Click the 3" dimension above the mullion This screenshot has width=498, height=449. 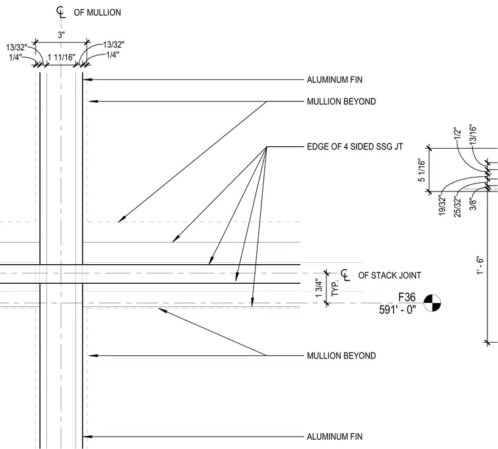pos(62,35)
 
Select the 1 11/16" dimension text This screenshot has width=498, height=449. pos(62,58)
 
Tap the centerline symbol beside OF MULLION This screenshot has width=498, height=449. pos(61,12)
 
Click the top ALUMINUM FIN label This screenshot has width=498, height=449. pos(334,79)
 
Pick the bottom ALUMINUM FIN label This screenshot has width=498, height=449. pos(334,437)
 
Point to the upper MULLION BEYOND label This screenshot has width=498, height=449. pos(341,102)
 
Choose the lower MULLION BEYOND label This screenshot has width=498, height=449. pos(341,355)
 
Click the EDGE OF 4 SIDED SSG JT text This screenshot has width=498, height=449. pos(354,146)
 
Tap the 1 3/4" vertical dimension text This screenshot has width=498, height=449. pos(319,288)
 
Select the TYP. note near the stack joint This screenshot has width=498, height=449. pos(335,288)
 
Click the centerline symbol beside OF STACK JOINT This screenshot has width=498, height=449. pos(345,275)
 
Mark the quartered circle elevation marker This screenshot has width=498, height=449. pos(432,303)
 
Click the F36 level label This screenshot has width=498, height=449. pos(407,297)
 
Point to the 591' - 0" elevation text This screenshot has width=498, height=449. pos(397,309)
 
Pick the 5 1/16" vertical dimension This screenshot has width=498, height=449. pos(421,170)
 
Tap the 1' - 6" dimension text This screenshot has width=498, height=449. pos(480,265)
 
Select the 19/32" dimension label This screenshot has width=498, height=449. pos(442,206)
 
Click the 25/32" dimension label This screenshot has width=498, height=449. pos(457,207)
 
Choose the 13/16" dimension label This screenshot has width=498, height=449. pos(473,134)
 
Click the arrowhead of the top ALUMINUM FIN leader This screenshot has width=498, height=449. pos(87,79)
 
